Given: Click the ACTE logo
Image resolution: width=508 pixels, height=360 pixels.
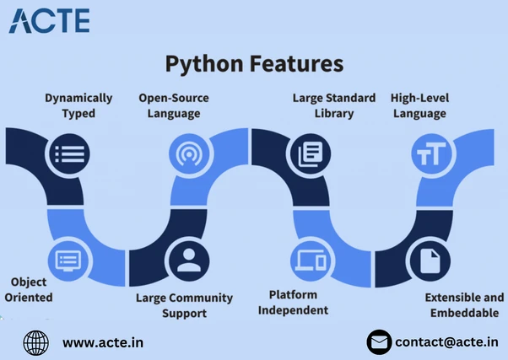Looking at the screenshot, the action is click(49, 21).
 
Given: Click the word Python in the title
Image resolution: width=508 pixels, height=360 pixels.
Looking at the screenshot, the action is click(204, 64).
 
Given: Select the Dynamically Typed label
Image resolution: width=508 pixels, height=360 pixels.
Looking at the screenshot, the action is click(78, 105).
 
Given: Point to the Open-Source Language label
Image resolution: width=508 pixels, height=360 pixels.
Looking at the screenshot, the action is click(174, 106).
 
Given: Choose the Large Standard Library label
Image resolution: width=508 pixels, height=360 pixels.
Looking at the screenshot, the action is click(334, 105).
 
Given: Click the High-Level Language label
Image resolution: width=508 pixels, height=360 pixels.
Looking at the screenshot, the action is click(419, 106).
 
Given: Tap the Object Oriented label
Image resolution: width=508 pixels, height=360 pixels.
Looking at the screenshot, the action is click(29, 289).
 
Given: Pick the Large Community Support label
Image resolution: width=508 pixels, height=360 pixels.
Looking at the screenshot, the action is click(184, 305).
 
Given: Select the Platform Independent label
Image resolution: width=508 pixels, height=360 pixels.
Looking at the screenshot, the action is click(293, 303).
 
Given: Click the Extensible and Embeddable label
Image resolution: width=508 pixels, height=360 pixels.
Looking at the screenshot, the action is click(464, 305).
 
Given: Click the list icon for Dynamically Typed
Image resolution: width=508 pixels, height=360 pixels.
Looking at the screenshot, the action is click(70, 153).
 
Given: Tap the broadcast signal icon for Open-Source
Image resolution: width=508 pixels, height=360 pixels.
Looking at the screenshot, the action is click(189, 153).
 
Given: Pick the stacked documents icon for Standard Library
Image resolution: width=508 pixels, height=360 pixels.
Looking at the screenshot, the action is click(311, 153).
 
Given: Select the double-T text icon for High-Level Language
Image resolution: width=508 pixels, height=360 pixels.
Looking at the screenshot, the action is click(431, 153).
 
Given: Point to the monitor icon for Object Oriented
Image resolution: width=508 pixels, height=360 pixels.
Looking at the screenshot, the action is click(68, 261).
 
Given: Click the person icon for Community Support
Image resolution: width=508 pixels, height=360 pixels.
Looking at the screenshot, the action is click(189, 261).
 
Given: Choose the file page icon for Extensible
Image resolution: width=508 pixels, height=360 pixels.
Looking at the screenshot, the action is click(430, 261).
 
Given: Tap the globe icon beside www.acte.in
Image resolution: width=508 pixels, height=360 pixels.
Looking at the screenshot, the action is click(36, 343).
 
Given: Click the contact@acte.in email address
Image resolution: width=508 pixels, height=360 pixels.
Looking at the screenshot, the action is click(446, 342).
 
